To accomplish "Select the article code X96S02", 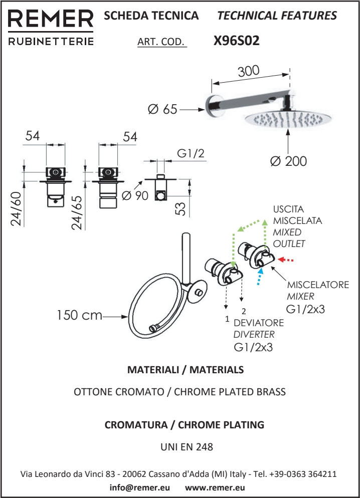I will (236, 41).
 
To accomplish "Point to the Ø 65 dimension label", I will (162, 108).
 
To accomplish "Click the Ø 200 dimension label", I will (288, 161).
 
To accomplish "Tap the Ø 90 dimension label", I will (134, 195).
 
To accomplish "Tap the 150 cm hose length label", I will (79, 316).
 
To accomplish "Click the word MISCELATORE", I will (318, 285).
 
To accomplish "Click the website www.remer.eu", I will (215, 487).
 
